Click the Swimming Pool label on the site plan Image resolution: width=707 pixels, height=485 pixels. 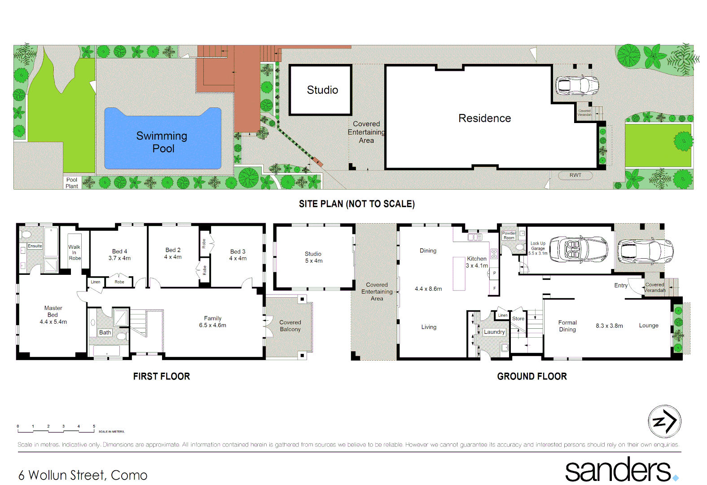162,142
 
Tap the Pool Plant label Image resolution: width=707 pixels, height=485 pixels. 72,183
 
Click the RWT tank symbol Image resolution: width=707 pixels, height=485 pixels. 575,175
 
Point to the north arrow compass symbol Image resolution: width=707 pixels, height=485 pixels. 664,421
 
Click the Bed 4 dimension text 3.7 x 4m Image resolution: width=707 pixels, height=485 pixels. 119,258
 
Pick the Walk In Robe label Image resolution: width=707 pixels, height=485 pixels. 75,252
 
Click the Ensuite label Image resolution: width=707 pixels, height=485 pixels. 35,246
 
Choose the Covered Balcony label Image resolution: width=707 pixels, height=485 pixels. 290,326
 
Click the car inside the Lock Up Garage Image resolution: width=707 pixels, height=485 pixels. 578,249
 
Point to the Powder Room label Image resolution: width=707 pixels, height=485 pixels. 509,235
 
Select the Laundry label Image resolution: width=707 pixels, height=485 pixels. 494,332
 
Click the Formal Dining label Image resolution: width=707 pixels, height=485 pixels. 567,326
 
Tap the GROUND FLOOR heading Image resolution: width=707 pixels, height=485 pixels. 531,376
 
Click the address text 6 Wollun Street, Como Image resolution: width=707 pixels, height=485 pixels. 83,475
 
